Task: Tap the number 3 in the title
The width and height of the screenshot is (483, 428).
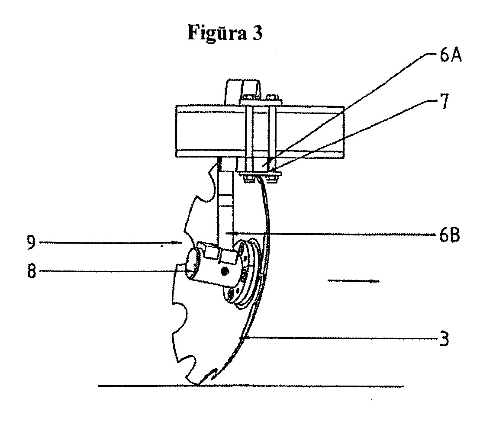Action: [258, 32]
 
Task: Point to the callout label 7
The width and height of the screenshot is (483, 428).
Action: [444, 102]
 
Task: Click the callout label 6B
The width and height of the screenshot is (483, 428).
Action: [449, 235]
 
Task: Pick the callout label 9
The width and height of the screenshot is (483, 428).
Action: [31, 242]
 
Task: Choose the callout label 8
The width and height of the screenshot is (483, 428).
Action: [32, 271]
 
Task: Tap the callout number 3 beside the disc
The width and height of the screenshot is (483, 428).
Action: [444, 338]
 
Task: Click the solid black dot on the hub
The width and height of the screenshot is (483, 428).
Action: [225, 271]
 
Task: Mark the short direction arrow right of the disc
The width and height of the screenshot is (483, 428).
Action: [353, 280]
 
